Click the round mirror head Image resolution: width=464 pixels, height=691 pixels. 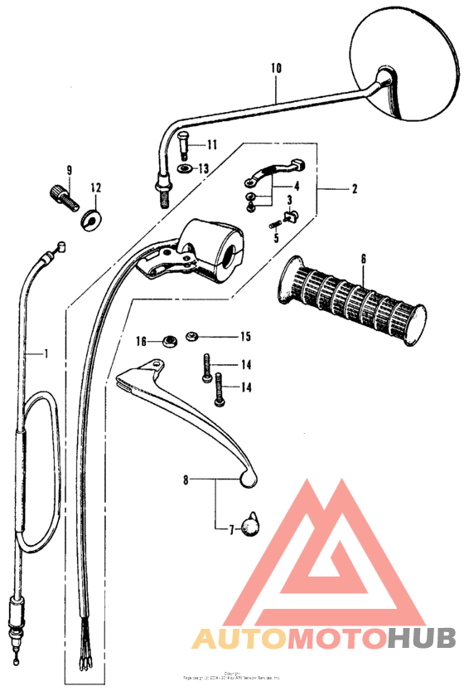point(406,58)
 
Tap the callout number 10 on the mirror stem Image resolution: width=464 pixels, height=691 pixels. point(276,67)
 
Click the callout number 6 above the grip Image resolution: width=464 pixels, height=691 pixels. point(362,259)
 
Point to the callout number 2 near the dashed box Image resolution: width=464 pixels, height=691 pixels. point(354,189)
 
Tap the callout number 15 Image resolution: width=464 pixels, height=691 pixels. point(244,336)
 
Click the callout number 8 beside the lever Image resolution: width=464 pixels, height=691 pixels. point(186,479)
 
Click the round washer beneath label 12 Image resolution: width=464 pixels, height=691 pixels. point(89,221)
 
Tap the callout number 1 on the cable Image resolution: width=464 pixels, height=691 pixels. point(46,353)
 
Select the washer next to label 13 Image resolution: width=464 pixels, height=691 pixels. point(185,169)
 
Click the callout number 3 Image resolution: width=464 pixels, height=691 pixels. point(290,202)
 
